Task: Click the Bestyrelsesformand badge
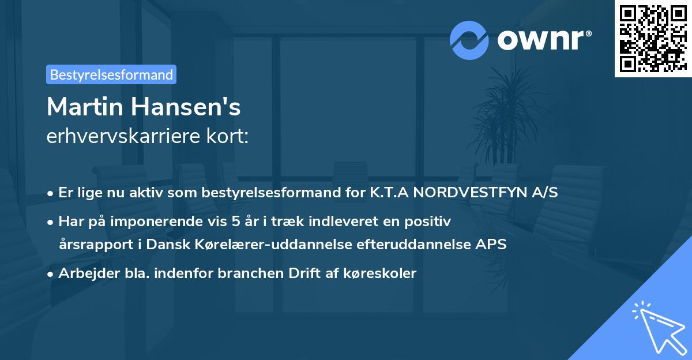pyautogui.click(x=111, y=74)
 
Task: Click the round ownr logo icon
pyautogui.click(x=469, y=40)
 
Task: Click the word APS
pyautogui.click(x=491, y=244)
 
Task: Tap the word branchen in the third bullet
pyautogui.click(x=245, y=273)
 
